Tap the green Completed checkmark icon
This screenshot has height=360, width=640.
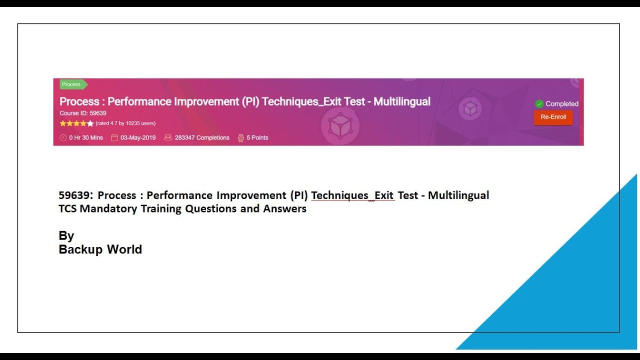[x=539, y=104]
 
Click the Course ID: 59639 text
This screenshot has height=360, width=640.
[x=83, y=113]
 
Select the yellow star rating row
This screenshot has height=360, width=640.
[x=76, y=123]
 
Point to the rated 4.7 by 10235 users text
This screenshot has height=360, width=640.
[x=125, y=123]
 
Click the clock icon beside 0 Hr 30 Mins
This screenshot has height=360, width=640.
[x=63, y=138]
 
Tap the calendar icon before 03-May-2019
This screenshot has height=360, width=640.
[x=114, y=138]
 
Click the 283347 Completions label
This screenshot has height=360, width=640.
[x=201, y=138]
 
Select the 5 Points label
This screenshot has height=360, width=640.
[x=257, y=138]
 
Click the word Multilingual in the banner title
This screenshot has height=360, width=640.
[x=401, y=101]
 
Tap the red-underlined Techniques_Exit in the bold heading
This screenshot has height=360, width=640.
[x=352, y=195]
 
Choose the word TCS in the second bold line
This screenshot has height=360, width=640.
[x=67, y=209]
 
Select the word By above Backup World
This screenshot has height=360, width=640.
[x=66, y=236]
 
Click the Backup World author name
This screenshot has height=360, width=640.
[x=100, y=249]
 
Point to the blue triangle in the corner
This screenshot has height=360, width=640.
[x=590, y=300]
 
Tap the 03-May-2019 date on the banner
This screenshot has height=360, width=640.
[x=137, y=138]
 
